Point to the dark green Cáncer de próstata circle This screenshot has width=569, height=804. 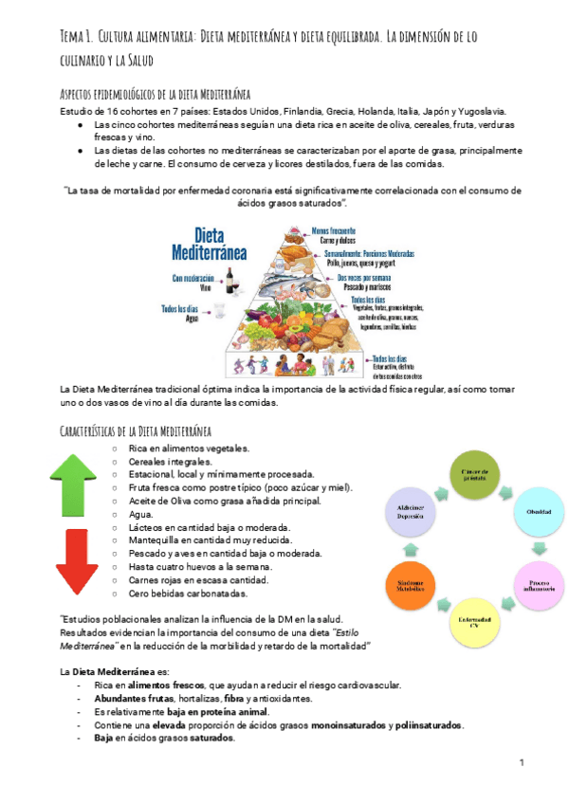tap(473, 474)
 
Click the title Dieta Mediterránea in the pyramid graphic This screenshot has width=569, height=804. tap(209, 244)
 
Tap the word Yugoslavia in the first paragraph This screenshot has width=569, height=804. tap(479, 111)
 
